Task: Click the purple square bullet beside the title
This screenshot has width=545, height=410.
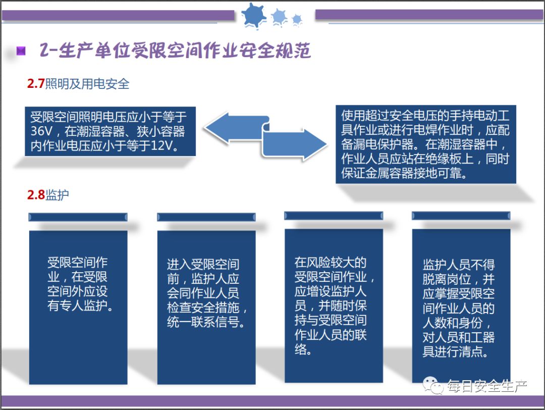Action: (21, 50)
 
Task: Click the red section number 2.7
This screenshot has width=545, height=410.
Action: (36, 84)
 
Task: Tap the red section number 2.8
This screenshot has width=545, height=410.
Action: (36, 195)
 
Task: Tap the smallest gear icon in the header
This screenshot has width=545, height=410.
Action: (297, 19)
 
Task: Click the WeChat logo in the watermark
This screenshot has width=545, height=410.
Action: (433, 386)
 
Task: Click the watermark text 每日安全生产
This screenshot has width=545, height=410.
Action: (487, 387)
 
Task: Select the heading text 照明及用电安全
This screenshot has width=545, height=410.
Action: (87, 84)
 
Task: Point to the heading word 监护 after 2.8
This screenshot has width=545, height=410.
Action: (57, 195)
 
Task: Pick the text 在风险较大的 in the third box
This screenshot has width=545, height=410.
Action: (330, 263)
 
